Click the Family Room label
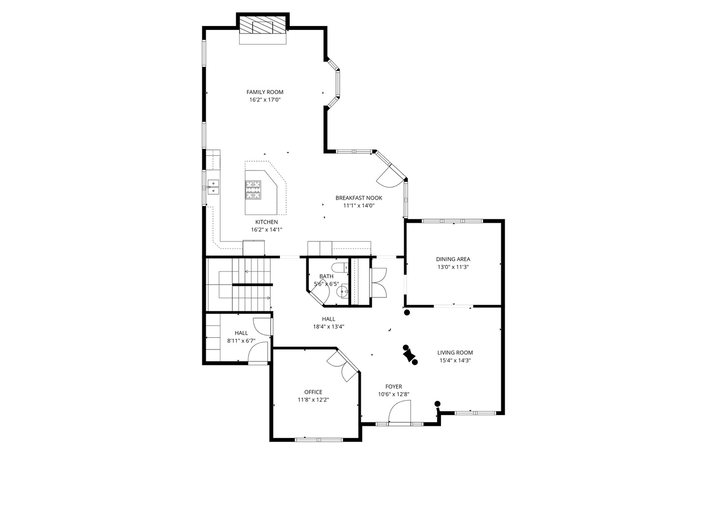point(265,92)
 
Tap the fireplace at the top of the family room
point(263,27)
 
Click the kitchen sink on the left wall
point(214,187)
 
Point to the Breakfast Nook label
point(358,198)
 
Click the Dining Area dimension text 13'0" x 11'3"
point(453,267)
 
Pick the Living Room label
point(455,353)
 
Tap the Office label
point(313,392)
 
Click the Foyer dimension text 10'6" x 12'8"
point(393,394)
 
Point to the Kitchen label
point(266,222)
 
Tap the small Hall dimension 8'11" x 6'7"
point(241,341)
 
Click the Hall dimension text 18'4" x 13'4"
point(328,326)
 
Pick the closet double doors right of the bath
point(379,282)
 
